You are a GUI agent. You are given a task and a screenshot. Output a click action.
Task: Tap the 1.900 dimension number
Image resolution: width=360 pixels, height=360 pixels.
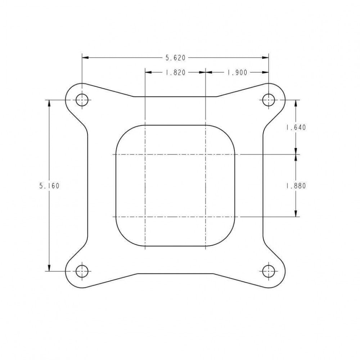(x=237, y=72)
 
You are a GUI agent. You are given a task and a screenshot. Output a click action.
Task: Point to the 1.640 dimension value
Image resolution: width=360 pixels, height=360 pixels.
(x=296, y=127)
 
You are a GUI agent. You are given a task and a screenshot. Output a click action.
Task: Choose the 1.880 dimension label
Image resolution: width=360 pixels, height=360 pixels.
(x=296, y=186)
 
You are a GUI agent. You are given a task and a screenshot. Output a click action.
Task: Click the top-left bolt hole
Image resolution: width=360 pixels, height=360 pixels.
(x=82, y=100)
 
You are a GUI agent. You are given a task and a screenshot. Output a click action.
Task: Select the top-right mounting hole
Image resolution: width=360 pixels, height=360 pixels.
(x=268, y=100)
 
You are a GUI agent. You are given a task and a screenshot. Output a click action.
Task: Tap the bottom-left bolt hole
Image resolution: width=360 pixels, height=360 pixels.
(x=82, y=271)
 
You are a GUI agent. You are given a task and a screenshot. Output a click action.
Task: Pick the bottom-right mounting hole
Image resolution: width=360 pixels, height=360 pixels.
(x=268, y=271)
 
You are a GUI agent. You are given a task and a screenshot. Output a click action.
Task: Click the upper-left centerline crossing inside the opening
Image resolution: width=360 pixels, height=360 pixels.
(x=145, y=154)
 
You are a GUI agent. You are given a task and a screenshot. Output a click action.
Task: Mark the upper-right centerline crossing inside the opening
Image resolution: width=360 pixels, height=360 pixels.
(x=205, y=154)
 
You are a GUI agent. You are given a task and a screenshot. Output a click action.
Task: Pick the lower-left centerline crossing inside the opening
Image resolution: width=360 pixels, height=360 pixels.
(x=145, y=217)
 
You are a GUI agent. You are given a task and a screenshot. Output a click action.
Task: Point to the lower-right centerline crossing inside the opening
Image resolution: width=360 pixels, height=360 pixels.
(x=205, y=217)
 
